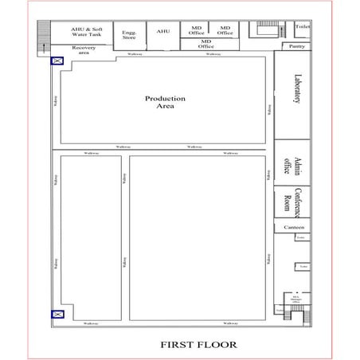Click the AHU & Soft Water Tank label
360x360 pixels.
pos(86,32)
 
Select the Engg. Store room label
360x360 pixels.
pos(128,33)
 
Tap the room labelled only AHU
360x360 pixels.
pos(163,31)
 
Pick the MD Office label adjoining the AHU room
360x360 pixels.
pos(196,31)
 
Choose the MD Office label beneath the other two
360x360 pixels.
pos(206,44)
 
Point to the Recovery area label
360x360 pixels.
pos(84,49)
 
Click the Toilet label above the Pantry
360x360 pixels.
pos(302,26)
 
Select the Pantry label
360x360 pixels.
pos(297,46)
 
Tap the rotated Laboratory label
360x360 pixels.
pos(297,89)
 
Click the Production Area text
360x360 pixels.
pos(165,102)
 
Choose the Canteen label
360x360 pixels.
pos(294,228)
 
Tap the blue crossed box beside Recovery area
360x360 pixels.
pos(57,61)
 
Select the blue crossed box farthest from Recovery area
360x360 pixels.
pos(57,315)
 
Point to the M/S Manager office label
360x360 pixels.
pos(295,300)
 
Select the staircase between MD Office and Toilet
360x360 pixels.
pos(266,30)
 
